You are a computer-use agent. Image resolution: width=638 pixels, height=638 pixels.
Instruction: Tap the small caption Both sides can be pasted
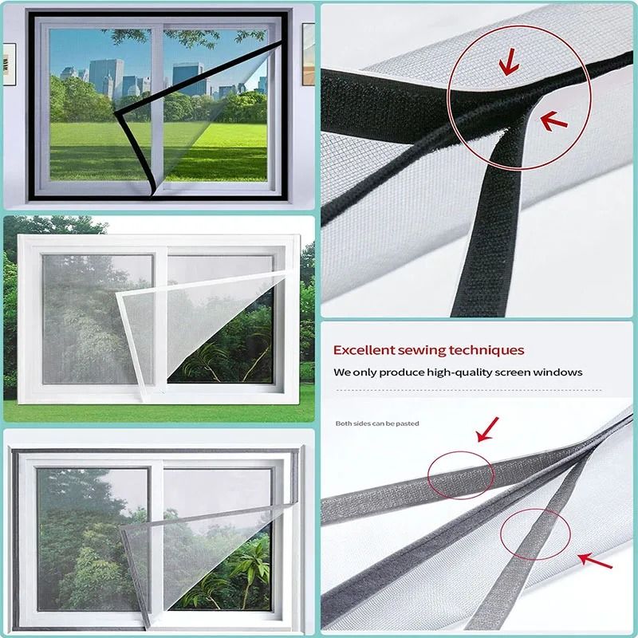coord(376,423)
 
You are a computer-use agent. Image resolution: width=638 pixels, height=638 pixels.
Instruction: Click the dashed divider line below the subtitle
coord(478,390)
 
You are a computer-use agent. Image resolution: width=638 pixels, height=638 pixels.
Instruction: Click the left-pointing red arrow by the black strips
coord(553,120)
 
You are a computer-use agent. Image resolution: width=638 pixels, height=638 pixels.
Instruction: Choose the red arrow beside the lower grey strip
coord(595,561)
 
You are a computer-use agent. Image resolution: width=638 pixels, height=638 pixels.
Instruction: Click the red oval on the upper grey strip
coord(460,476)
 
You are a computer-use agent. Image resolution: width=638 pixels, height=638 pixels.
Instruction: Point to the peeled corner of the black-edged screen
coord(119,116)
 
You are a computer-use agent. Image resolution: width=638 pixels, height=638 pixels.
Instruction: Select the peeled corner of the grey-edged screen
coord(120,528)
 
